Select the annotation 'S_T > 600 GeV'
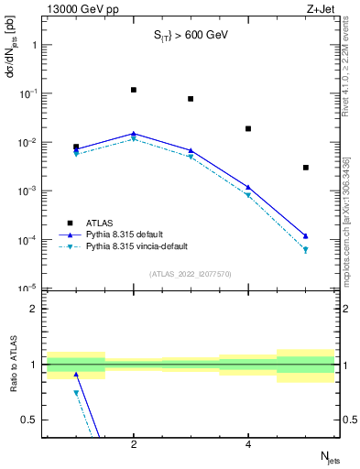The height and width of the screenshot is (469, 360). click(x=190, y=36)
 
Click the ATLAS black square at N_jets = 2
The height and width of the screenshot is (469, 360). click(x=134, y=90)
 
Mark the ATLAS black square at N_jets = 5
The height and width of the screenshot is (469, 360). click(x=306, y=168)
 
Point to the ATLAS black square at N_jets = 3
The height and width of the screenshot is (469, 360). click(x=191, y=99)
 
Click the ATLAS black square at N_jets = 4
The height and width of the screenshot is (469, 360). click(x=248, y=128)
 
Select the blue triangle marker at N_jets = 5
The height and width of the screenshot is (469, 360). click(x=306, y=235)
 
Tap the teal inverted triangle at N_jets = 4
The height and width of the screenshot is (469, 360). click(x=248, y=195)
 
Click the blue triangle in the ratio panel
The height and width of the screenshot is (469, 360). click(x=76, y=374)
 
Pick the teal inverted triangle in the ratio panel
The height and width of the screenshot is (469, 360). click(x=76, y=393)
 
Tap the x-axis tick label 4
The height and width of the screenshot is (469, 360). click(x=248, y=445)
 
